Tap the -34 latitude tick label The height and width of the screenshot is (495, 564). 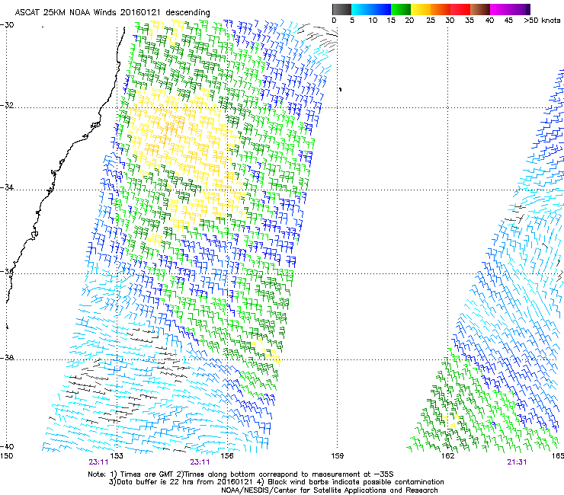click(8, 189)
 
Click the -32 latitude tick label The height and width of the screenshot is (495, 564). click(8, 106)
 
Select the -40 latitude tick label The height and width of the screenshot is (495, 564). click(8, 446)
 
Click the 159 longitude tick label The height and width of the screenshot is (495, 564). click(337, 456)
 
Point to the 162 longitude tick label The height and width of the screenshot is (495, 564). click(447, 456)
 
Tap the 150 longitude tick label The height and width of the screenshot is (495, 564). click(7, 456)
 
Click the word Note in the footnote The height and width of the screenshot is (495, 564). click(98, 473)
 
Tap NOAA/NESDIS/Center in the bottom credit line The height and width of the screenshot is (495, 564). click(255, 490)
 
